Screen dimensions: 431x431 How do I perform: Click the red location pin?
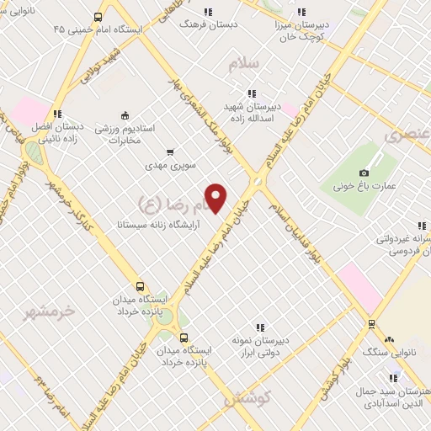[217, 197]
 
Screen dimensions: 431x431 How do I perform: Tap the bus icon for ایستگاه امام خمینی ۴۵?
[98, 17]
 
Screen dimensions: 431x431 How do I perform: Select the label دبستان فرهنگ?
[209, 24]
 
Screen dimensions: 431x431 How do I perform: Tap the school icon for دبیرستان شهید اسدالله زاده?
[250, 94]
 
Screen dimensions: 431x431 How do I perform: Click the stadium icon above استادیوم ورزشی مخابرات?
[125, 115]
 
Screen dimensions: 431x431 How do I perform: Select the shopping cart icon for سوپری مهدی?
[171, 152]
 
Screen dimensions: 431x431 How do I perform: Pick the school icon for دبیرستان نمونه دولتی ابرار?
[260, 327]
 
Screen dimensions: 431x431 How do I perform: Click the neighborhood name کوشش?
[247, 398]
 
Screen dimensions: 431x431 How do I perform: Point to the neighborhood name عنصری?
[407, 133]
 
